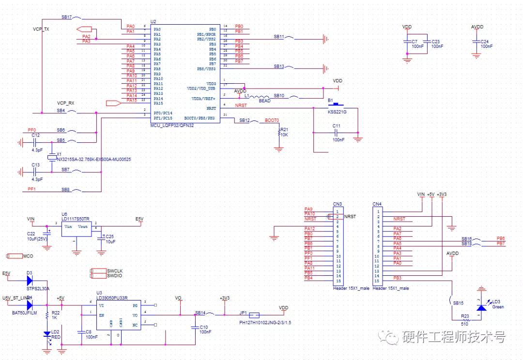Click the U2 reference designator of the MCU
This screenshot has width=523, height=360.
tap(154, 22)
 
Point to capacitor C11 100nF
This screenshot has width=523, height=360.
tap(336, 132)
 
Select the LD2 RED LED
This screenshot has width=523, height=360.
tap(47, 334)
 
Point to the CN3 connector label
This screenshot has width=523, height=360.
tap(337, 204)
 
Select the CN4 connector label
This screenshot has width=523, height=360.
tap(377, 204)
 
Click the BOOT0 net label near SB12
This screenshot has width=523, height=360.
tap(272, 120)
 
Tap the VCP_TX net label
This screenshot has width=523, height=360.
tap(41, 29)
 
